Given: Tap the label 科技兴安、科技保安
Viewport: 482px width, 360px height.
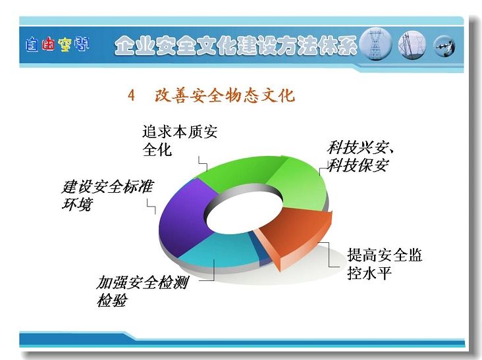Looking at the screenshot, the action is coord(360,157).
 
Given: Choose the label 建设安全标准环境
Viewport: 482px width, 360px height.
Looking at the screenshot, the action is coord(107,195).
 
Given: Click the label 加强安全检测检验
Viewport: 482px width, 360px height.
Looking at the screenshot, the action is coord(142,291).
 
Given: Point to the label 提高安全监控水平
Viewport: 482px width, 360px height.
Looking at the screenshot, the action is coord(385,264).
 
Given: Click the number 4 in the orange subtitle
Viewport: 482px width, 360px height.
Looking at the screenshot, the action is coord(131,95).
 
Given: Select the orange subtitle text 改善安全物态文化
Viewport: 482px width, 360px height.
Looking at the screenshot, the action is coord(225,95).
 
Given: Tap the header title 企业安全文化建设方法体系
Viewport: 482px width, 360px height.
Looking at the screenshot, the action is coord(236,45).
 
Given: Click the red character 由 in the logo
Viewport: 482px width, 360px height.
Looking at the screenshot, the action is coord(47,45).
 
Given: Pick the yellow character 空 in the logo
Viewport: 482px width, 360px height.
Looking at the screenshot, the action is coord(65,45).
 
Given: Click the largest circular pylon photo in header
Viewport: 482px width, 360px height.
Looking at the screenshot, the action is coord(375,43).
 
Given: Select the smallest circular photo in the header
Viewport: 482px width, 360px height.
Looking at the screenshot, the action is coord(444,46).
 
